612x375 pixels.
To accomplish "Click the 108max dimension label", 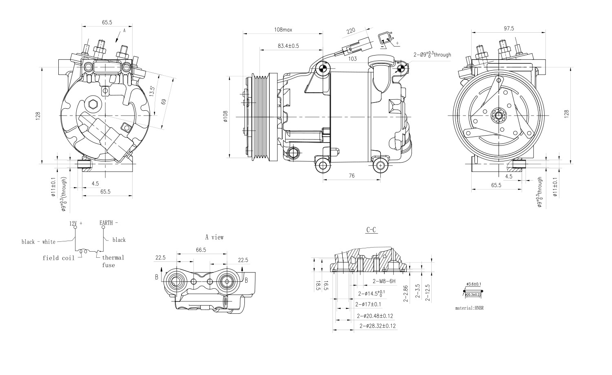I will point(283,29).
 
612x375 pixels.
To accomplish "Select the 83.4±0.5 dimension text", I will point(288,46).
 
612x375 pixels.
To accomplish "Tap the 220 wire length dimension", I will point(351,31).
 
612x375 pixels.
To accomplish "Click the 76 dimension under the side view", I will point(352,176).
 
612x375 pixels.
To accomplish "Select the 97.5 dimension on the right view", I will point(509,28).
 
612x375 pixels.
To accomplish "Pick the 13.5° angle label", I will point(152,91).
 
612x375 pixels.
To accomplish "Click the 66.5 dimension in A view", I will point(201,250).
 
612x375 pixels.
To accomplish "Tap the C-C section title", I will point(371,230).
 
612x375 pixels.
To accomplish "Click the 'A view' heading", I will point(214,237).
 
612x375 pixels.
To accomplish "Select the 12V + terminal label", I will point(75,223).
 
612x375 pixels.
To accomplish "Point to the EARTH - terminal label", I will point(109,223).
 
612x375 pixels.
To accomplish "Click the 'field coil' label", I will point(59,258).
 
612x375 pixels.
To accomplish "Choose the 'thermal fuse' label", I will point(113,261).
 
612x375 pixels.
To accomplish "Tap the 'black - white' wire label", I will point(38,242).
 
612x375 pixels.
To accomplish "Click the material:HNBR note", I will point(469,308).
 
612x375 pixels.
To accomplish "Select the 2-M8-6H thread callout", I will point(384,281).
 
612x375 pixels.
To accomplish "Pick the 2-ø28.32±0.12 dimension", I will point(378,326).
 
